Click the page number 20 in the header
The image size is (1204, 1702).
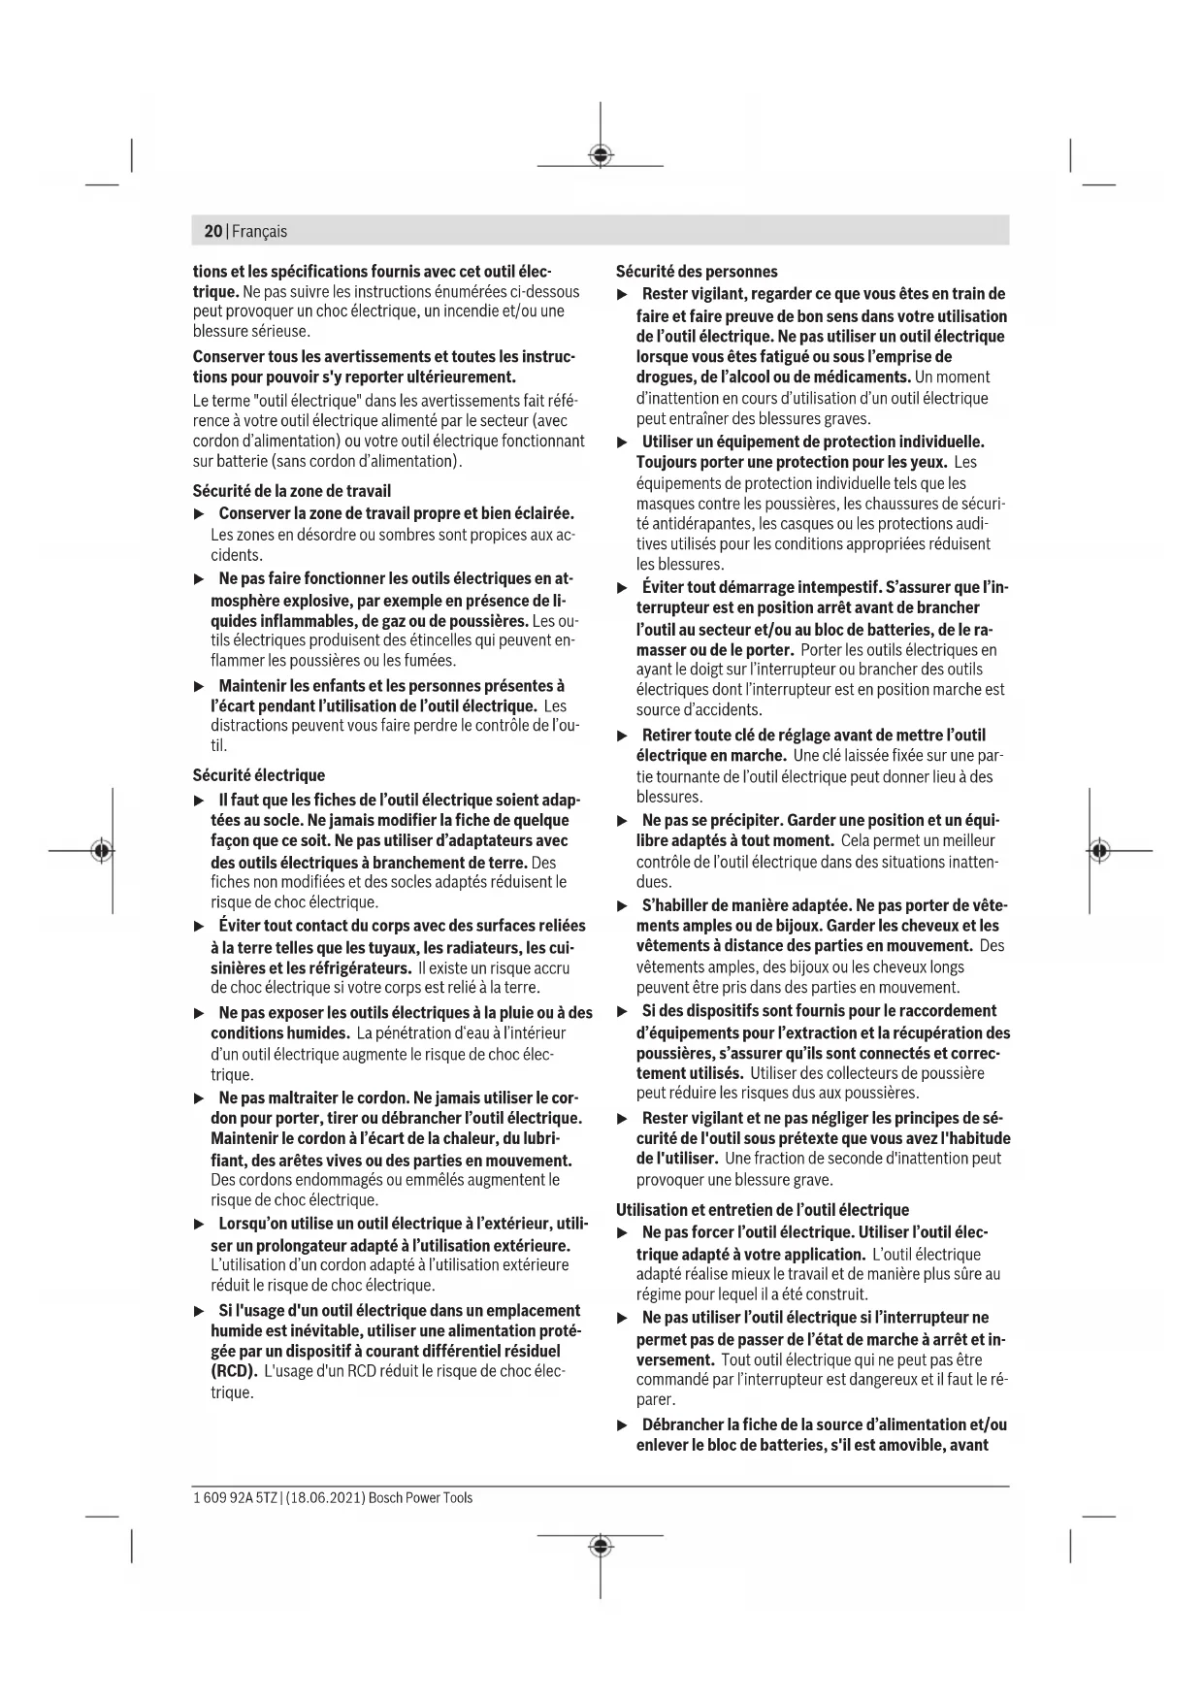click(212, 231)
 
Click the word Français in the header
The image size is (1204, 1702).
click(259, 231)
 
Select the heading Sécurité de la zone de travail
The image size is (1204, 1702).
click(291, 491)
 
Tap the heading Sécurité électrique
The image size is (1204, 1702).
click(258, 775)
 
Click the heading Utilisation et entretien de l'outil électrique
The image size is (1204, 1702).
click(763, 1210)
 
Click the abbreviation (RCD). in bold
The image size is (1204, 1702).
click(234, 1371)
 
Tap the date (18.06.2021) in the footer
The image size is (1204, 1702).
click(325, 1498)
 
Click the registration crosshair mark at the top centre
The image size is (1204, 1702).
click(601, 155)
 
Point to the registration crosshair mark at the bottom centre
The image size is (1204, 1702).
click(601, 1546)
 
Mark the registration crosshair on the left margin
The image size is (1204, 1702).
click(101, 851)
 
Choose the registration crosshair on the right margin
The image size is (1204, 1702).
click(1098, 851)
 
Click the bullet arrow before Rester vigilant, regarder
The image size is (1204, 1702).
click(623, 294)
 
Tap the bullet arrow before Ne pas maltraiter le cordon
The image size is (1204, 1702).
click(199, 1098)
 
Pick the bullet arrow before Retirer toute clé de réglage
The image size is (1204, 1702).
click(623, 736)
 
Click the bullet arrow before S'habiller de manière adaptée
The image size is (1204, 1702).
click(623, 906)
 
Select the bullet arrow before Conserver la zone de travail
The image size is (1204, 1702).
click(199, 513)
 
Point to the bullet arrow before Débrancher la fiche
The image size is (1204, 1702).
click(623, 1425)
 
